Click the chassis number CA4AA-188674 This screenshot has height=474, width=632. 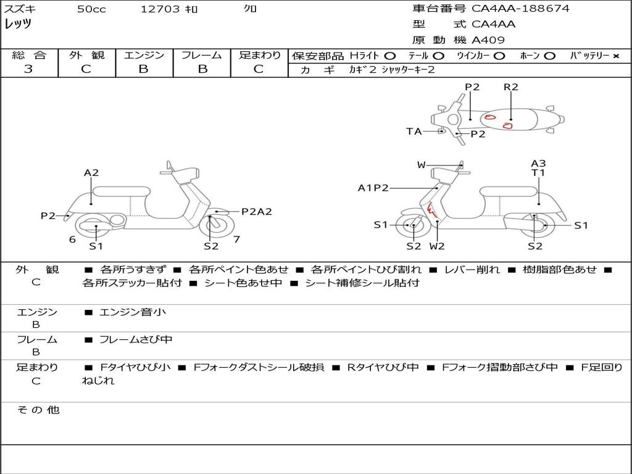[520, 8]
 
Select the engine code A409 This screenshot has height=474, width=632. [488, 40]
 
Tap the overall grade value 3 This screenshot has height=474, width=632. [28, 69]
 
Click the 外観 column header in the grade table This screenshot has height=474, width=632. [86, 55]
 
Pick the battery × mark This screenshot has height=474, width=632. [616, 56]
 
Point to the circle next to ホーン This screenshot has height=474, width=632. [549, 56]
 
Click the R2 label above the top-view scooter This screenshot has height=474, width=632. [510, 86]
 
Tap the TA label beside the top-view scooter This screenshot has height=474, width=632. [414, 131]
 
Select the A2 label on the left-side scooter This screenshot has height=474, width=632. [91, 173]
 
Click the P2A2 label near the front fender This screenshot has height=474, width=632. [256, 211]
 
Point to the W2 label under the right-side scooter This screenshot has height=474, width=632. [437, 246]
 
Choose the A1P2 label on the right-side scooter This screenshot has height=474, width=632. [373, 188]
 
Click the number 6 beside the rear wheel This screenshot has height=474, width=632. [72, 239]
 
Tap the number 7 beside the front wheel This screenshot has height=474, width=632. [236, 239]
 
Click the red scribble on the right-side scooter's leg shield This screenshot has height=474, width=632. [431, 209]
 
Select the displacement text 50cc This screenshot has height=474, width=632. [91, 9]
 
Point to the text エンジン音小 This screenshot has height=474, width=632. [133, 312]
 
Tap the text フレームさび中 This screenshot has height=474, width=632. [136, 340]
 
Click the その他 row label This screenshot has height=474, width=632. [38, 410]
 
